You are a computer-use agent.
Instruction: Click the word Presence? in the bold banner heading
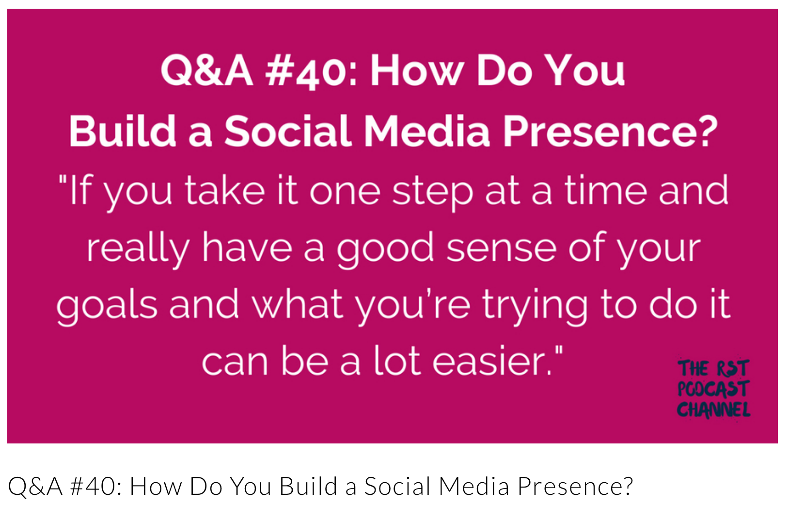pos(610,131)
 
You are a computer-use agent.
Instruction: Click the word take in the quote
pos(225,190)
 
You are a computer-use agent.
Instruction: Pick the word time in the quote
pos(606,190)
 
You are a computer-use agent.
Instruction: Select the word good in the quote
pos(385,250)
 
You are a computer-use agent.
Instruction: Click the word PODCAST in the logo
pos(713,389)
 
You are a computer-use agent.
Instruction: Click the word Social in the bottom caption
pos(397,487)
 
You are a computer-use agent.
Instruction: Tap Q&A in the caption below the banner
pos(35,487)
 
